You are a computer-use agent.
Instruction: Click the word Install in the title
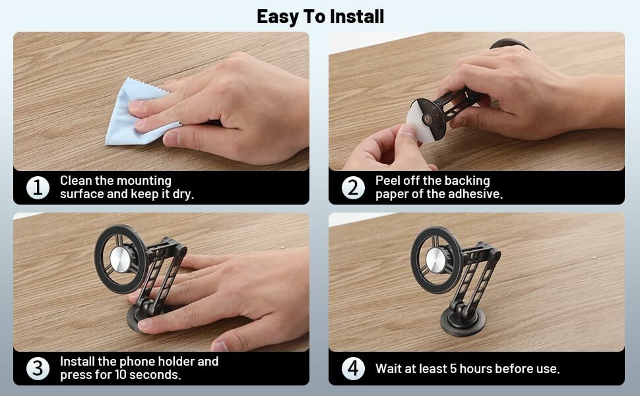click(x=357, y=16)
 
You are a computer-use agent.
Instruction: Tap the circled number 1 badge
click(x=38, y=187)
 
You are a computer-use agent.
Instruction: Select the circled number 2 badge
click(x=353, y=187)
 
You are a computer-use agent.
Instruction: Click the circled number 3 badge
click(x=38, y=368)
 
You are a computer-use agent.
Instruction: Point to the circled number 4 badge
click(x=353, y=368)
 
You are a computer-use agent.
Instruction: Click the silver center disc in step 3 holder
click(x=120, y=259)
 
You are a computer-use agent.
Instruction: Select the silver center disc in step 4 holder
click(x=436, y=260)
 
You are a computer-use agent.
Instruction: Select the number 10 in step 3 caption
click(x=121, y=374)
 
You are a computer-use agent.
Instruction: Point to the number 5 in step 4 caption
click(x=453, y=369)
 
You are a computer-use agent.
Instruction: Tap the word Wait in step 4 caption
click(x=388, y=369)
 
